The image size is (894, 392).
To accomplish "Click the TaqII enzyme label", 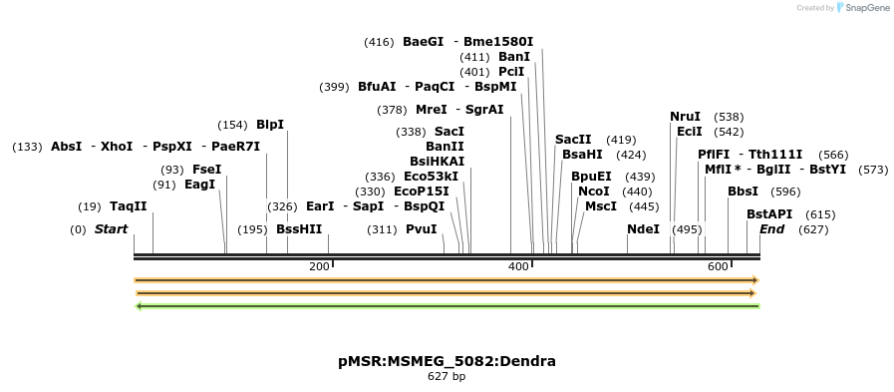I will click(x=128, y=206).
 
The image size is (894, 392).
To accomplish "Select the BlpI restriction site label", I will click(x=269, y=125).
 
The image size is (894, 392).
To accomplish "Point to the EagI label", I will click(x=199, y=185).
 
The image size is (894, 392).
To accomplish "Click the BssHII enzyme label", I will click(x=299, y=229).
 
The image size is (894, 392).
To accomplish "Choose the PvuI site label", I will click(x=421, y=229).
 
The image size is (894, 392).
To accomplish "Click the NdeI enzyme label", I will click(x=643, y=229).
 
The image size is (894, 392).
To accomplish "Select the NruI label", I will click(x=685, y=117).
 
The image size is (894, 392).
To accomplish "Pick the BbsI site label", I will click(x=743, y=192).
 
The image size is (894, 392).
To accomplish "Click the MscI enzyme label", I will click(x=600, y=206).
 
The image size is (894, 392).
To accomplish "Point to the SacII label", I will click(x=573, y=140).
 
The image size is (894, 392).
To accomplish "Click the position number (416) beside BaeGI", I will click(x=379, y=42).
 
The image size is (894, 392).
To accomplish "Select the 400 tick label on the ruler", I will click(x=518, y=267).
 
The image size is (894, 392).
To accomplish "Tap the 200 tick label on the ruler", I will click(x=319, y=267).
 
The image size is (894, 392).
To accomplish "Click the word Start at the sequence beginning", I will click(x=111, y=229).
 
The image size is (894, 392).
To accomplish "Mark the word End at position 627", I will click(x=771, y=229).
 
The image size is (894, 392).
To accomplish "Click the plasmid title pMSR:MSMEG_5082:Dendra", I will click(x=447, y=361).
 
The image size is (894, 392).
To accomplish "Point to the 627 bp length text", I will click(x=447, y=377).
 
